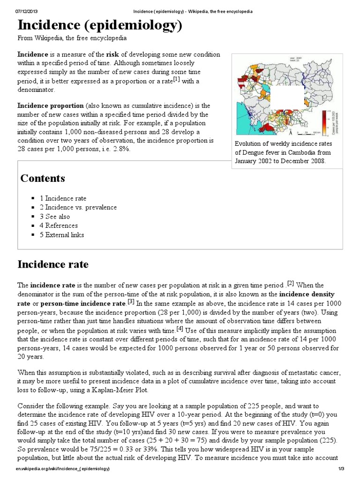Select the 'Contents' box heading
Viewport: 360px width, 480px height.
43,179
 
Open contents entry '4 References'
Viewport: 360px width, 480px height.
59,225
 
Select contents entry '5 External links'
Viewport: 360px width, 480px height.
61,235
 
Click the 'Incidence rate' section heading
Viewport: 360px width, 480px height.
53,264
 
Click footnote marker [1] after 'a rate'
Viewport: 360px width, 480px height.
177,79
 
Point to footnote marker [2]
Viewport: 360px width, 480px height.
291,283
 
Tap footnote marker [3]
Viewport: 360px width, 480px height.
131,301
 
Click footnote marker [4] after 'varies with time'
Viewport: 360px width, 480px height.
180,329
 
